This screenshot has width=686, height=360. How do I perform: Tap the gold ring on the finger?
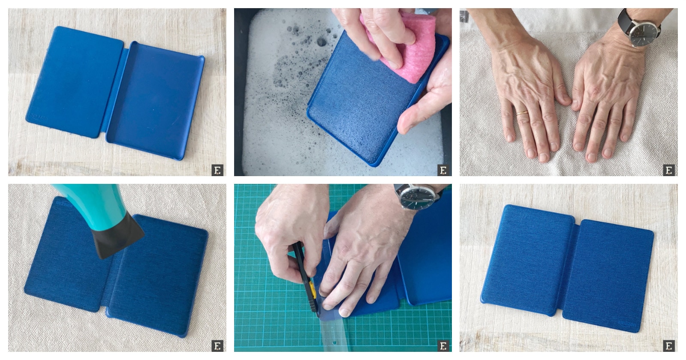click(522, 113)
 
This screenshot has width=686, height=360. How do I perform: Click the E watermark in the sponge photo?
click(443, 170)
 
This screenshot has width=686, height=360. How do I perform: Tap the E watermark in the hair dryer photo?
click(217, 345)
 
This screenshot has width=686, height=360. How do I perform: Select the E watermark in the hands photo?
click(668, 170)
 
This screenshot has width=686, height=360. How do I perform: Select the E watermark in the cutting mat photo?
click(443, 345)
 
